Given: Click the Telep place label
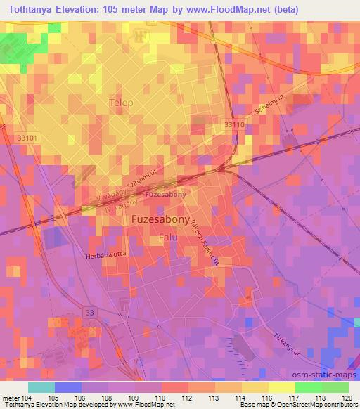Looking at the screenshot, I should point(121,103).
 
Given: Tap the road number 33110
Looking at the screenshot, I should point(235,124).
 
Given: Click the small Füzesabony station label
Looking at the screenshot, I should point(164,194).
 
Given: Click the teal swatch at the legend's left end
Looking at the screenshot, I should point(41,387).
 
